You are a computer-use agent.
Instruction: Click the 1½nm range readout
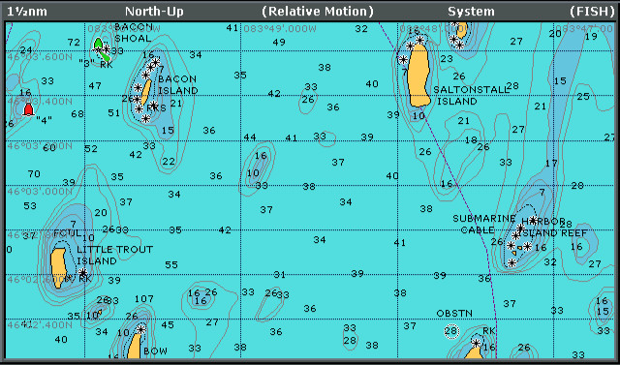click(x=26, y=11)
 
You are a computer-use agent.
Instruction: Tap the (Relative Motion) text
click(x=317, y=11)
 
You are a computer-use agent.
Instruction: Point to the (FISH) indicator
click(x=590, y=11)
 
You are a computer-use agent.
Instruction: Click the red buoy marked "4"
click(x=28, y=109)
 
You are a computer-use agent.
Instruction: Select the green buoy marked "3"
click(x=98, y=45)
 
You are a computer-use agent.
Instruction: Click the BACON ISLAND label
click(x=177, y=84)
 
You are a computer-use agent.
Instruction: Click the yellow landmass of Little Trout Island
click(x=58, y=261)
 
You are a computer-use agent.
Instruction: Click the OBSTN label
click(x=454, y=313)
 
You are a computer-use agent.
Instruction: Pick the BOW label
click(x=155, y=351)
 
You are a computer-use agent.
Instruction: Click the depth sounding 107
click(x=144, y=299)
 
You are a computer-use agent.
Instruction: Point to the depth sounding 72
click(x=75, y=43)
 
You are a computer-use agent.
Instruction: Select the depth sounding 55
click(x=171, y=265)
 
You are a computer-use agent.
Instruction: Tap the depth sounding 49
click(x=279, y=43)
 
